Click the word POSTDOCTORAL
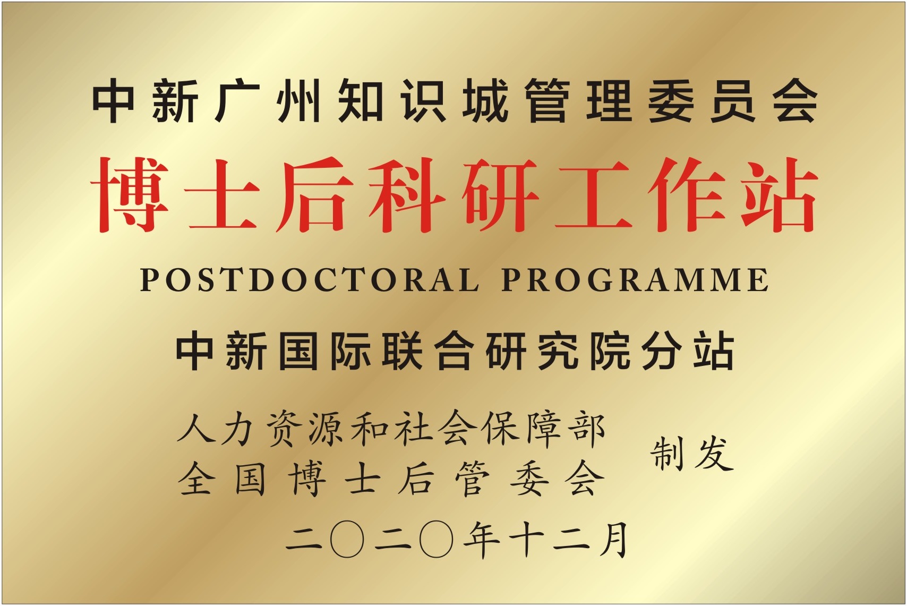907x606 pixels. [x=310, y=279]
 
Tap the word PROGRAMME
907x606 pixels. [x=635, y=279]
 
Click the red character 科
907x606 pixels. [x=408, y=195]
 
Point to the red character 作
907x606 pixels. [x=686, y=195]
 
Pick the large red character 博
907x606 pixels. [x=130, y=195]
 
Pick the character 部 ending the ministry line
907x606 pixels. [x=589, y=429]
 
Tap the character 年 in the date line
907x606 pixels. [x=482, y=540]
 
